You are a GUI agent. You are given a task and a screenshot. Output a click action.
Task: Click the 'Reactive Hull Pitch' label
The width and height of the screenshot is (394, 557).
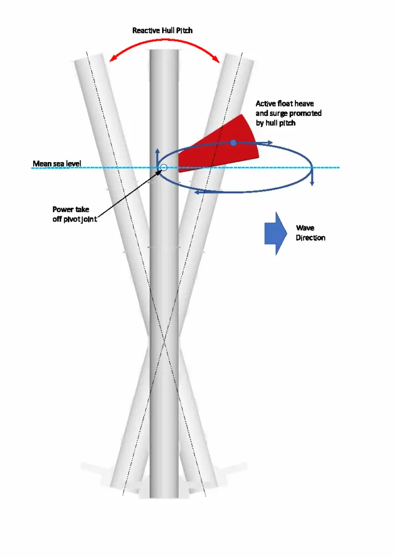click(162, 30)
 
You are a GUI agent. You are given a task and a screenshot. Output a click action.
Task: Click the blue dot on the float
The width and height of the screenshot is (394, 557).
click(233, 143)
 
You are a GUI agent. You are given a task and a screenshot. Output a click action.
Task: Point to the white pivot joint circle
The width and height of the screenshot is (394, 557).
click(162, 168)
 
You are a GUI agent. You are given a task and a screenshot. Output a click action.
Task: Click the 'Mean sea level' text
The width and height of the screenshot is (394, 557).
click(57, 163)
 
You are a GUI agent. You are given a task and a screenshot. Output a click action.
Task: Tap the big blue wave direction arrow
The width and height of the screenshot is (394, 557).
click(275, 233)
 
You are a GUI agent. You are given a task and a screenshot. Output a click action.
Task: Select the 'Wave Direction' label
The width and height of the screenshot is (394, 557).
click(311, 233)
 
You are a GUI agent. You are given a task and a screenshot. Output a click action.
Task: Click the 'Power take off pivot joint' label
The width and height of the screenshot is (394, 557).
click(75, 214)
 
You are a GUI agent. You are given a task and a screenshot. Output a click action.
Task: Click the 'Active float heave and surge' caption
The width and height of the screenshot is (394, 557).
click(288, 113)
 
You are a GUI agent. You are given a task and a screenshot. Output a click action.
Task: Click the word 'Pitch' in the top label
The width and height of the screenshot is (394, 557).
click(183, 30)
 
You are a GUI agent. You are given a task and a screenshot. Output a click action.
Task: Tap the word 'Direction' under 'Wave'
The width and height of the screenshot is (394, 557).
click(311, 238)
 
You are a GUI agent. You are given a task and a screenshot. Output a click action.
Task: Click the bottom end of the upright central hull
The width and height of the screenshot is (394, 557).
click(164, 496)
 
